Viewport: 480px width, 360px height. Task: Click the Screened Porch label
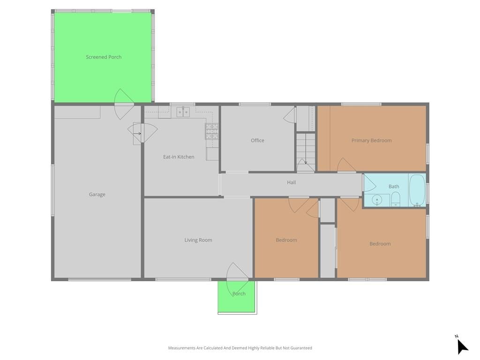pos(104,57)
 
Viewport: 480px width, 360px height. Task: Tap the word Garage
pos(97,195)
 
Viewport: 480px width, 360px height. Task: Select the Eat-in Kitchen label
pos(179,157)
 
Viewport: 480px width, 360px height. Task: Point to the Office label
pos(257,140)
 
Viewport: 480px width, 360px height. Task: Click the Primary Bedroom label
pos(371,140)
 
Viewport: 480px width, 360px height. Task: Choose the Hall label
pos(292,182)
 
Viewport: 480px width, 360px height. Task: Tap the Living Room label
pos(198,240)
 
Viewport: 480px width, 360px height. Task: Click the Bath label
pos(394,186)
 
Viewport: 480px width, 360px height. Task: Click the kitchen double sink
pos(183,112)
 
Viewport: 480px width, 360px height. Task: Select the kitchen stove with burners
pos(211,131)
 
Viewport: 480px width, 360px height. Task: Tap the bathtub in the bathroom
pos(417,190)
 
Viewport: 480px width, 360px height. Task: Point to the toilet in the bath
pos(396,199)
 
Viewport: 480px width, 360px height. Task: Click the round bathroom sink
pos(377,200)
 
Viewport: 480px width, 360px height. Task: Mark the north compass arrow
pos(462,346)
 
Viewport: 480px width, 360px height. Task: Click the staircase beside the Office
pos(306,152)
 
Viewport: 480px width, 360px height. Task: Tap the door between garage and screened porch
pos(124,104)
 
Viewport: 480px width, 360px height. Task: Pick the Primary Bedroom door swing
pos(346,165)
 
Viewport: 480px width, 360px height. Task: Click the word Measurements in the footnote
pos(182,348)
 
